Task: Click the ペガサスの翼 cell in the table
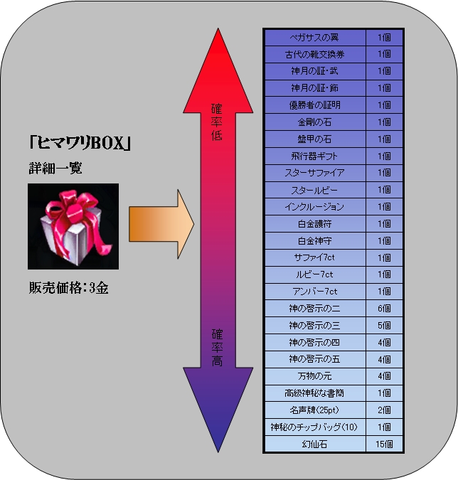pos(315,38)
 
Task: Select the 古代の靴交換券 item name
pos(315,55)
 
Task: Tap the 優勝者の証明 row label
pos(315,105)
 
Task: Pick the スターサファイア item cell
pos(315,173)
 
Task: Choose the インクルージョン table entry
pos(315,207)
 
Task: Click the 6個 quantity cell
pos(384,308)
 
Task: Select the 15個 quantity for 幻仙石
pos(384,444)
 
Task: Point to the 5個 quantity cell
pos(384,325)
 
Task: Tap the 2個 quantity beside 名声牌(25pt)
pos(384,410)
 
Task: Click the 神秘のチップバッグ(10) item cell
pos(315,427)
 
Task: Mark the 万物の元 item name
pos(315,376)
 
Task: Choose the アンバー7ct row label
pos(315,292)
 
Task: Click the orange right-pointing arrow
pos(161,224)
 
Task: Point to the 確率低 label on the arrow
pos(217,122)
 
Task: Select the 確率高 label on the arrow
pos(217,348)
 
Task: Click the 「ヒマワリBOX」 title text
pos(80,143)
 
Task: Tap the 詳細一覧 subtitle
pos(55,169)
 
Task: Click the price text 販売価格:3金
pos(68,288)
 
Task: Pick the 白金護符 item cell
pos(315,224)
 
